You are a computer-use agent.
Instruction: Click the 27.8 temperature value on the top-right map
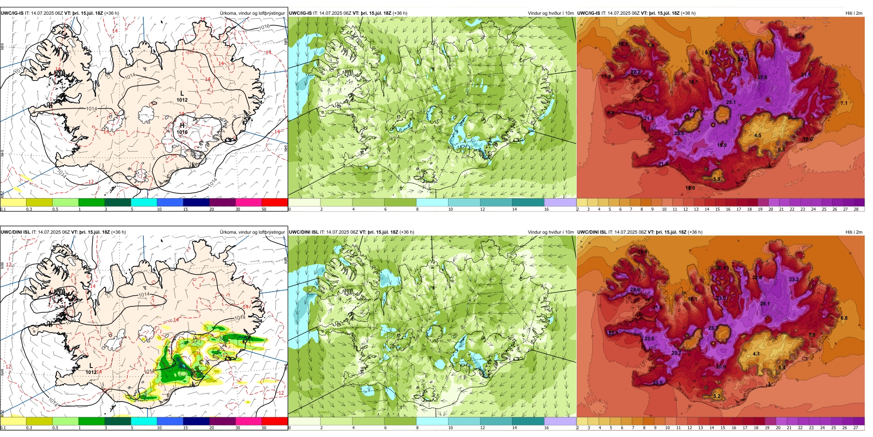point(762,77)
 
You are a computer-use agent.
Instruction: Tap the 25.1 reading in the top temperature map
point(731,102)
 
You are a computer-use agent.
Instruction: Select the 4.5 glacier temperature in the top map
point(758,135)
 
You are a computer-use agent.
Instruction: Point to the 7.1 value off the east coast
point(844,103)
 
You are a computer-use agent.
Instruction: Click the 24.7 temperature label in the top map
point(743,60)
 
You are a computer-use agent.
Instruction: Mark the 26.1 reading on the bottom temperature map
point(765,304)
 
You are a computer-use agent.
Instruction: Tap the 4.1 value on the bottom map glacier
point(756,354)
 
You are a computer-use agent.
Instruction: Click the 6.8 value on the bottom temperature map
point(844,318)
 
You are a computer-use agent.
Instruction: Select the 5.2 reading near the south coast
point(717,396)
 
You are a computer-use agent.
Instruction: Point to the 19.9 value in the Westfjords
point(642,252)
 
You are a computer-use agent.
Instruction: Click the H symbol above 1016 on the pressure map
point(182,126)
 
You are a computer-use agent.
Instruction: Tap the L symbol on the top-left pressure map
point(182,93)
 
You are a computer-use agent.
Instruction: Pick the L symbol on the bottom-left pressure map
point(91,366)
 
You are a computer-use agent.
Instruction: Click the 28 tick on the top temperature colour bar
point(856,209)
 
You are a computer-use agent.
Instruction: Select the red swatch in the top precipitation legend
point(275,202)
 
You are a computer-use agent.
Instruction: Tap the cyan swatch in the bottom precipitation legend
point(144,421)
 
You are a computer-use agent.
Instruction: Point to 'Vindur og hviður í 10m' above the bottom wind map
point(550,232)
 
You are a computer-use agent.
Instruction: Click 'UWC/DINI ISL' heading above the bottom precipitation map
point(16,232)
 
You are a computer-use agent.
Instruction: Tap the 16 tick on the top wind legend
point(546,209)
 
